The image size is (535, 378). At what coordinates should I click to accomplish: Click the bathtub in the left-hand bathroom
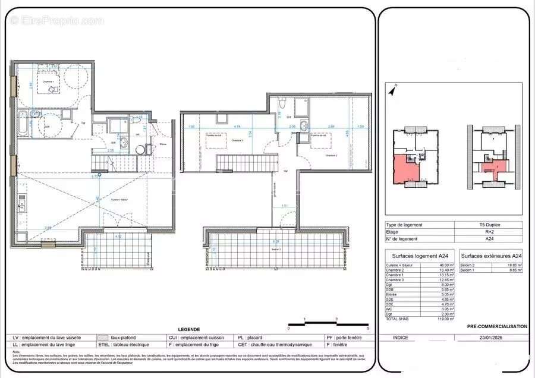click(x=22, y=123)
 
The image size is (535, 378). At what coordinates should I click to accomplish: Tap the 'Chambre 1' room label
click(x=47, y=81)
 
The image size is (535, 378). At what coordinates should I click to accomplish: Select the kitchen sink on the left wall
click(x=22, y=205)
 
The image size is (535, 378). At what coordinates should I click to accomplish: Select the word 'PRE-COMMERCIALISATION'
click(x=497, y=326)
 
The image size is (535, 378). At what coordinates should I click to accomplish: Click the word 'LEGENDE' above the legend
click(x=189, y=329)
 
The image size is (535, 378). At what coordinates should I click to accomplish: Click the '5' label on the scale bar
click(x=368, y=328)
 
